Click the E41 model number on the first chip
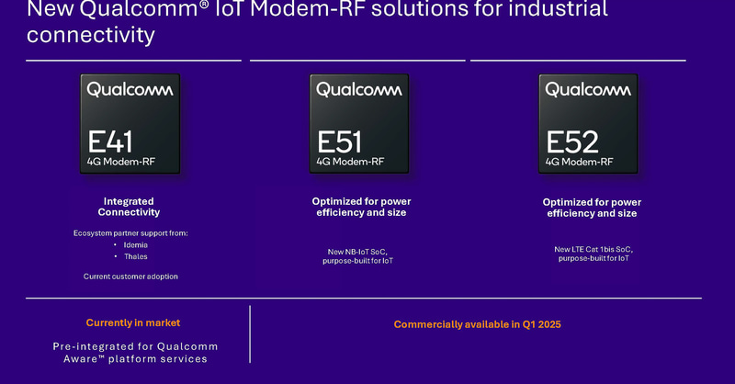pyautogui.click(x=111, y=142)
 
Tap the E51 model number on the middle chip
pyautogui.click(x=340, y=142)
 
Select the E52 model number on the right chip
pyautogui.click(x=571, y=142)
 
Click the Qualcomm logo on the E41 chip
pyautogui.click(x=130, y=89)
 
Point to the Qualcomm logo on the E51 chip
pyautogui.click(x=359, y=89)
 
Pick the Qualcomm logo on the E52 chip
pyautogui.click(x=588, y=89)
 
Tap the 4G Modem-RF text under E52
pyautogui.click(x=579, y=162)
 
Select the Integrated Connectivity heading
pyautogui.click(x=130, y=207)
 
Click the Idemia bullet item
pyautogui.click(x=135, y=245)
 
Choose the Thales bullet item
pyautogui.click(x=135, y=256)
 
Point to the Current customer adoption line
pyautogui.click(x=130, y=276)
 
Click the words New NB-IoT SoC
pyautogui.click(x=358, y=252)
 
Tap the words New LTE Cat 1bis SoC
pyautogui.click(x=594, y=249)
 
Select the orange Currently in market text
pyautogui.click(x=133, y=322)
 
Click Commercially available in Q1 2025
pyautogui.click(x=477, y=324)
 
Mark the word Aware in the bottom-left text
pyautogui.click(x=89, y=358)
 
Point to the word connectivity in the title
pyautogui.click(x=90, y=36)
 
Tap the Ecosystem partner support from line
pyautogui.click(x=130, y=233)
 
